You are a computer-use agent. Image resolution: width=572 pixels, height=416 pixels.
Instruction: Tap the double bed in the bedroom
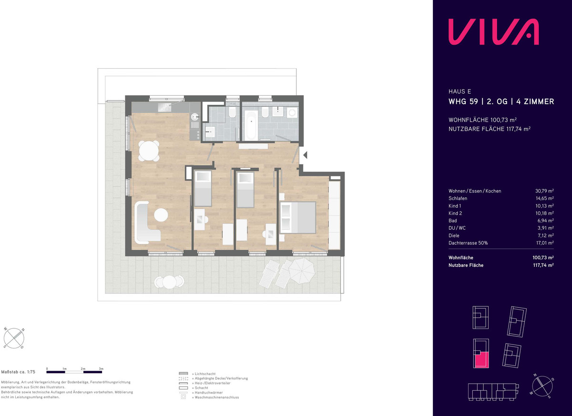coord(298,217)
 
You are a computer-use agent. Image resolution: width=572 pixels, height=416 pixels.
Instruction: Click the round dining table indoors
coord(149,151)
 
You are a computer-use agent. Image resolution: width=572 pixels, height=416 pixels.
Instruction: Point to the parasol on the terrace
coord(302,271)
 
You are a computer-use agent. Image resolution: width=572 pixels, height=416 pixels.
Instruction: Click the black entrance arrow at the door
coord(305,155)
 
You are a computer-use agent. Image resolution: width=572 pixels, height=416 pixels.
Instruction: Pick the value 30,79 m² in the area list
coord(544,191)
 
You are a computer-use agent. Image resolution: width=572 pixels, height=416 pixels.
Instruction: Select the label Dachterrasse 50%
coord(468,243)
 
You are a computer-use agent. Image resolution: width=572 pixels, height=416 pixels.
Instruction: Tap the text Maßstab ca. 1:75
coord(18,372)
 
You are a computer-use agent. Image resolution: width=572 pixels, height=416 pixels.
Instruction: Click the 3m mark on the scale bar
coord(102,369)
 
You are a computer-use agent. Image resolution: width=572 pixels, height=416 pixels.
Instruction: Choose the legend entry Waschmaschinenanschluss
coord(216,397)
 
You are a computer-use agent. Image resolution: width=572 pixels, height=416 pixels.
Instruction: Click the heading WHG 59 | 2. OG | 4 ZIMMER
coord(501,101)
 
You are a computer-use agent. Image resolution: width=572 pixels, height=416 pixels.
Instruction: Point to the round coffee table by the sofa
coord(161,215)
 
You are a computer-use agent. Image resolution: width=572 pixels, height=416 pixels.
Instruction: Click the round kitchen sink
coord(195,117)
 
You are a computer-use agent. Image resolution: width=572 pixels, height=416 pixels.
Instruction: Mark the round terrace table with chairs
coord(169,282)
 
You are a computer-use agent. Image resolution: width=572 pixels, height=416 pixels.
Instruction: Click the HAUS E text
coord(460,91)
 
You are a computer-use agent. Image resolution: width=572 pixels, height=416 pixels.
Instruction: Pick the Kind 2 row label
coord(455,213)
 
